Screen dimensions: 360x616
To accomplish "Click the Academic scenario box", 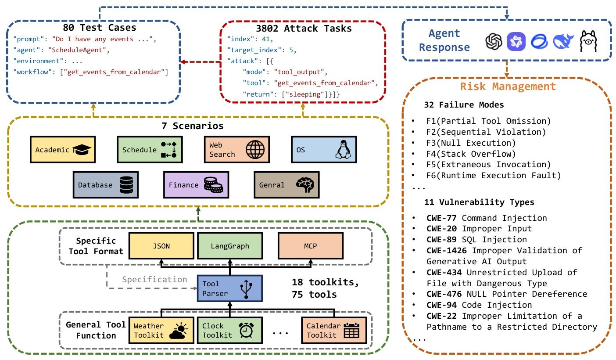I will coord(63,150).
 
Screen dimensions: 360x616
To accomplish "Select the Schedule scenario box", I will coord(149,150).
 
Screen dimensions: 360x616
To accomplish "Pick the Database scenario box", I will coord(105,185).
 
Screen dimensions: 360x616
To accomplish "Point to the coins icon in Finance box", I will coord(213,185).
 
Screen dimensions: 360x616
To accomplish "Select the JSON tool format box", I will coord(161,246).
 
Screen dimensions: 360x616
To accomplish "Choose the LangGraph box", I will coord(230,246).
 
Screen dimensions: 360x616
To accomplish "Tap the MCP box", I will coord(311,246).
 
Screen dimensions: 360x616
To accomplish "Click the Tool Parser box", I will coord(229,288).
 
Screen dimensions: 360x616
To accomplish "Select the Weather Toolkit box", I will coord(161,331).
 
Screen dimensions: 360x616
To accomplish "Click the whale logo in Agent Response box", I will coord(563,42).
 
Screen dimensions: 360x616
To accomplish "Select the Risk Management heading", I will coord(508,86).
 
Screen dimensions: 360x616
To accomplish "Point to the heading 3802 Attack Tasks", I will coord(302,29).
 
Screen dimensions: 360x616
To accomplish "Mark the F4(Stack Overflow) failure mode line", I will coord(471,154).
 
